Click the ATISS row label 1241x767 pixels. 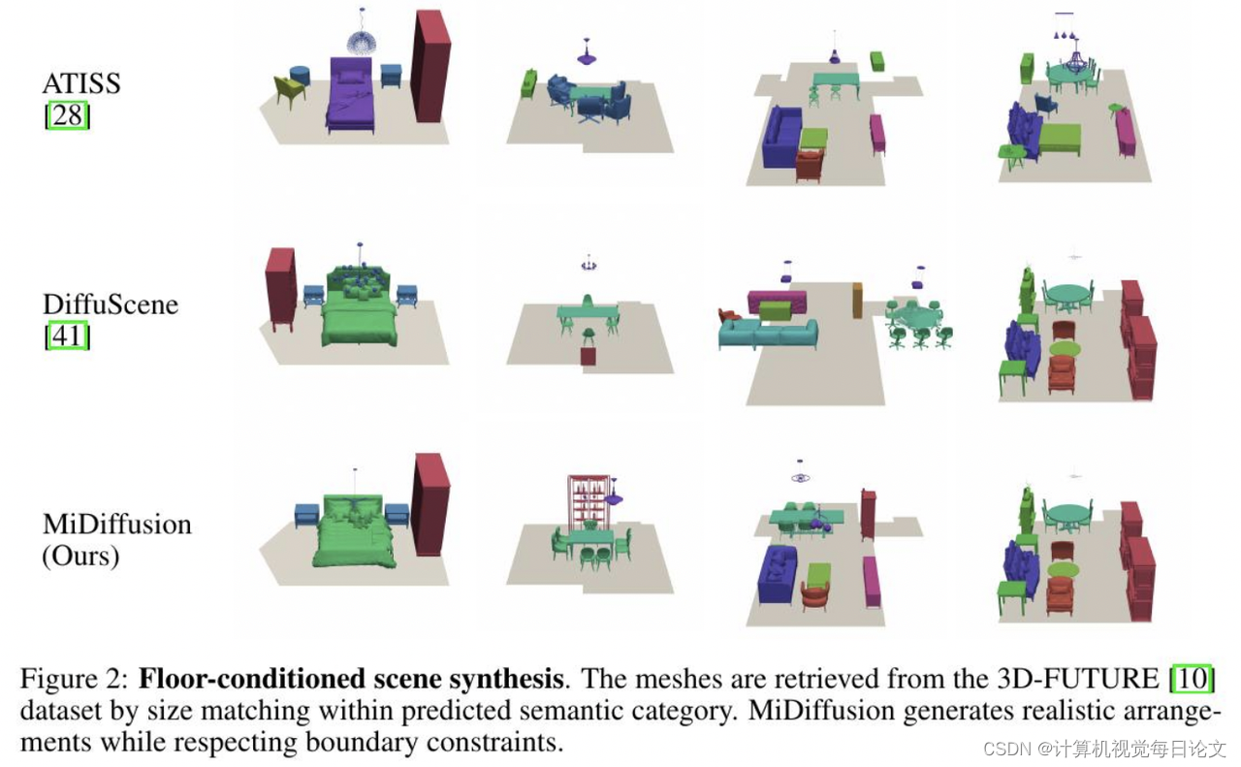coord(81,83)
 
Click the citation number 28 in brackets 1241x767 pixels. coord(67,116)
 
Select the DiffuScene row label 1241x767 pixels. coord(111,304)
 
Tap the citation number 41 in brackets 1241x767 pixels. coord(67,336)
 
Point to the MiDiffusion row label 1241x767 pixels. coord(116,525)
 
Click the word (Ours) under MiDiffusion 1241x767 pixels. coord(80,557)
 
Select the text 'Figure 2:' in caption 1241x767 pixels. coord(75,678)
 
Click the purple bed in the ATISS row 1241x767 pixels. coord(351,97)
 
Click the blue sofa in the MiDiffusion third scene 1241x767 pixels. coord(779,571)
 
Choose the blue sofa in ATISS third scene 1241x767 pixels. coord(780,138)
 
